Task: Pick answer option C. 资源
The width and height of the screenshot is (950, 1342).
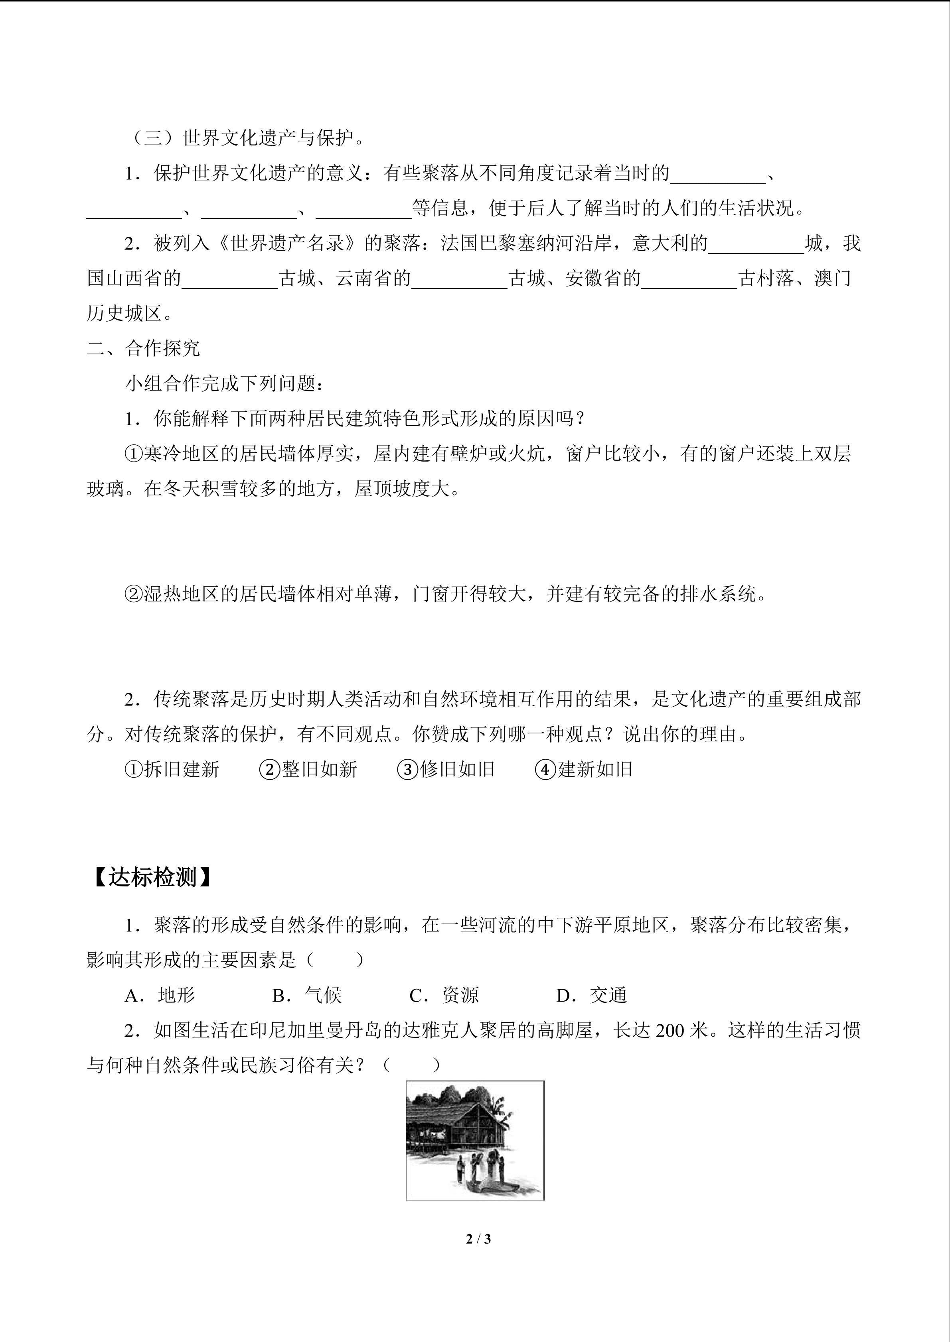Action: click(444, 995)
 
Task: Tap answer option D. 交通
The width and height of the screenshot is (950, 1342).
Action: click(591, 995)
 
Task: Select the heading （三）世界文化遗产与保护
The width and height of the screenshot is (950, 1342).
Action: click(247, 139)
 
